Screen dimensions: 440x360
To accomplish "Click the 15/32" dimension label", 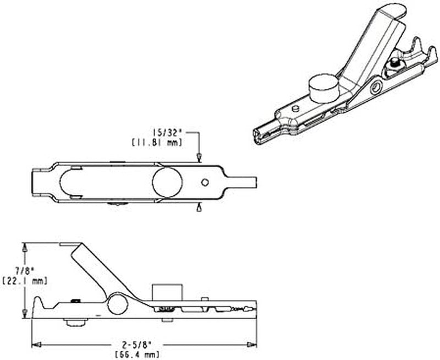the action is tap(166, 132).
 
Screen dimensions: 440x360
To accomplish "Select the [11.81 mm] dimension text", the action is tap(157, 143).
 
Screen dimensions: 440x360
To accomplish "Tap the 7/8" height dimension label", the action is tap(25, 271).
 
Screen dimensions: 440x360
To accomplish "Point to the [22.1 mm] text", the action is tap(25, 281).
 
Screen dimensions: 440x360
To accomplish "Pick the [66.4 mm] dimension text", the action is tap(137, 354).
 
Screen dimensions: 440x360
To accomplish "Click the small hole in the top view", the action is tap(205, 182).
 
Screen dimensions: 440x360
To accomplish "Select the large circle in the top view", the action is tap(167, 182).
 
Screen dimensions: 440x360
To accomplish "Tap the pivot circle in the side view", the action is tap(117, 304).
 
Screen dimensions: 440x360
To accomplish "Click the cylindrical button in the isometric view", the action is tap(323, 88).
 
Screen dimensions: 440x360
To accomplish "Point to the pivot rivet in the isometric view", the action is tap(376, 88).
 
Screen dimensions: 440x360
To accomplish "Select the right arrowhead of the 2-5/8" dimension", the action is tap(252, 345).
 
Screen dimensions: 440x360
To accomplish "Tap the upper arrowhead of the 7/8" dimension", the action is tap(25, 247).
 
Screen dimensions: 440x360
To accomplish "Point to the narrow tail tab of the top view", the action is tap(241, 182).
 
